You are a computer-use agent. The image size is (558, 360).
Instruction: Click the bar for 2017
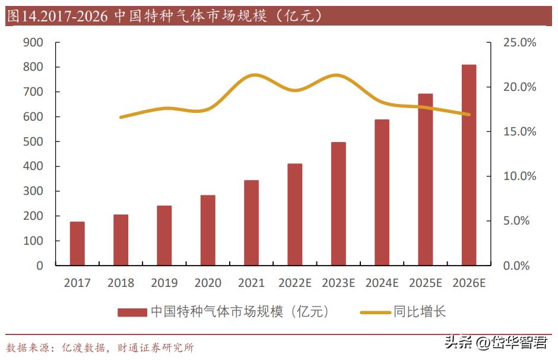pos(77,244)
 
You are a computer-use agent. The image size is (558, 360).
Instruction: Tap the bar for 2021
pos(251,223)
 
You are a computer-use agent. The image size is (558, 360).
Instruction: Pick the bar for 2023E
pos(338,204)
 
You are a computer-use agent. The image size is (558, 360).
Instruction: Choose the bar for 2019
pos(164,235)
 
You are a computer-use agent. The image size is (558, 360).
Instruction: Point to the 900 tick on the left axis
pos(33,42)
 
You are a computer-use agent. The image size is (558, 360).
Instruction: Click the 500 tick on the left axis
pos(33,141)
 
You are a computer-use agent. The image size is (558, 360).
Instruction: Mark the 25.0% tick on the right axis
pos(519,42)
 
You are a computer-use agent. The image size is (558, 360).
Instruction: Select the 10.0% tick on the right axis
pos(519,176)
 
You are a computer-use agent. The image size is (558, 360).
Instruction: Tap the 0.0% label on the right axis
pos(516,266)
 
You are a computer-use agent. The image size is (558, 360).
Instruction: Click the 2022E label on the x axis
pos(295,283)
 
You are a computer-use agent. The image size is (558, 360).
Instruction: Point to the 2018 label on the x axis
pos(121,283)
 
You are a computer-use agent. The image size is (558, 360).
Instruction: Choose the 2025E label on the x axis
pos(426,283)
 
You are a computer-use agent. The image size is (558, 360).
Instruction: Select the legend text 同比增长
pos(419,312)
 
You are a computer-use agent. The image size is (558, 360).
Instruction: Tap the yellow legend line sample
pos(375,312)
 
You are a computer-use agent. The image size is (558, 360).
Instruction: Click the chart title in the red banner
pos(166,16)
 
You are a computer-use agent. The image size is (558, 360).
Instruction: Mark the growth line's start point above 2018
pos(121,117)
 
